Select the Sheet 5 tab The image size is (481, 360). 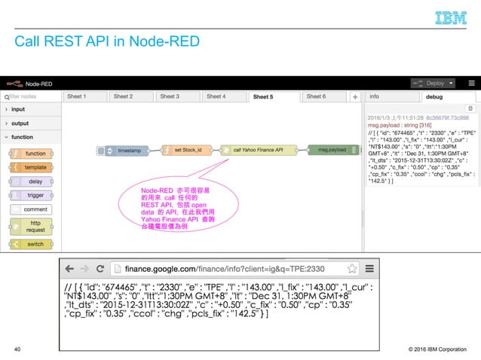coord(263,96)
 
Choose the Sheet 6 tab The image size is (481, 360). coord(316,96)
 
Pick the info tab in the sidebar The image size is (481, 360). coord(375,96)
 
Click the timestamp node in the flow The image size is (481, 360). coord(122,151)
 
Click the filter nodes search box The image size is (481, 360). coord(30,96)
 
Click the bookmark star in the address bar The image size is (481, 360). coord(351,268)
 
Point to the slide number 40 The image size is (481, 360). coord(17,349)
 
